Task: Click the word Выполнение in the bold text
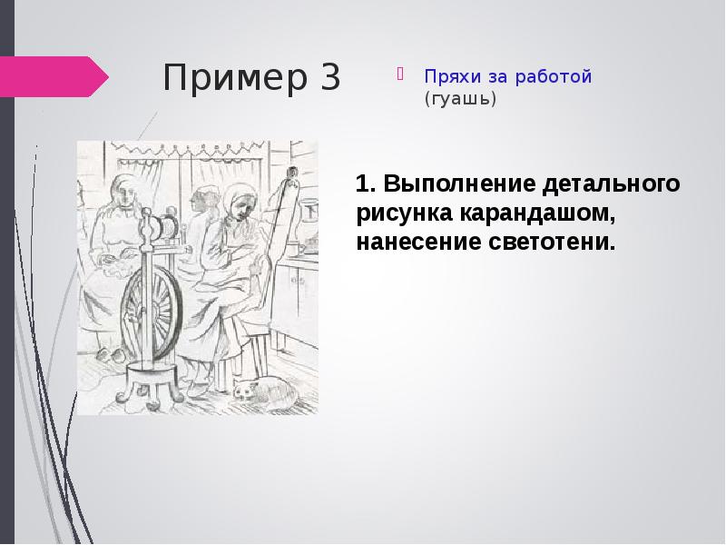(456, 185)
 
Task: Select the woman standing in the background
(201, 209)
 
